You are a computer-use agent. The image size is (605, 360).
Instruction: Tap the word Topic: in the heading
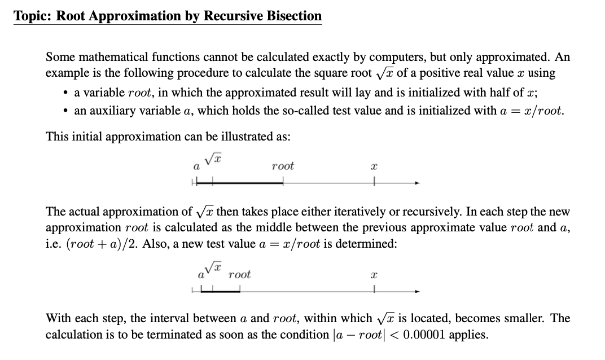pyautogui.click(x=33, y=16)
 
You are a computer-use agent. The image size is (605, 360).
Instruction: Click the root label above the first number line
pyautogui.click(x=282, y=166)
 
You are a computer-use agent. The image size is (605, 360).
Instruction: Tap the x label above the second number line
pyautogui.click(x=374, y=276)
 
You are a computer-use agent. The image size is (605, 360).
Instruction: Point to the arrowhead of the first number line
pyautogui.click(x=418, y=183)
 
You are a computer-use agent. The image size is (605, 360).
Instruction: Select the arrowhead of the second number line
pyautogui.click(x=418, y=291)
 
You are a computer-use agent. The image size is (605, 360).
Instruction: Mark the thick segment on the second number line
pyautogui.click(x=226, y=291)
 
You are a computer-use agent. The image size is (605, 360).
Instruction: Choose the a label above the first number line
pyautogui.click(x=196, y=167)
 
